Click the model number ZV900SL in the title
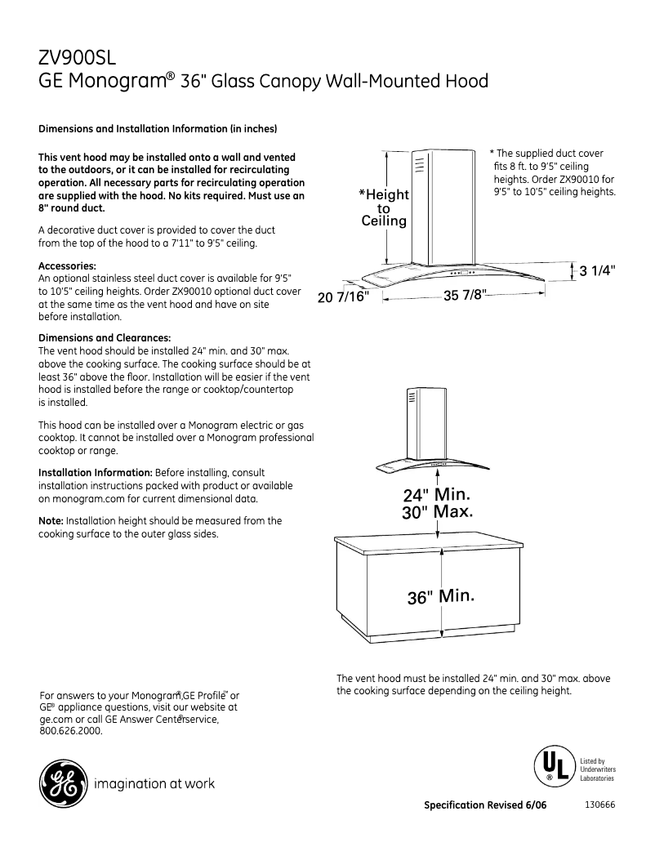pyautogui.click(x=78, y=59)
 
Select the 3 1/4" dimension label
pyautogui.click(x=597, y=271)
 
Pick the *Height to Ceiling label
pyautogui.click(x=384, y=207)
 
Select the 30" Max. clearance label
pyautogui.click(x=437, y=512)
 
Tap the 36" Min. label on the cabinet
pyautogui.click(x=440, y=596)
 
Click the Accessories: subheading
pyautogui.click(x=68, y=266)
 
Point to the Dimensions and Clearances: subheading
pyautogui.click(x=105, y=338)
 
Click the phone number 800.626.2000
pyautogui.click(x=71, y=731)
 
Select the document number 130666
pyautogui.click(x=599, y=805)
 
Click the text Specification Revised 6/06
pyautogui.click(x=485, y=805)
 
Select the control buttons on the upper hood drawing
pyautogui.click(x=461, y=272)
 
